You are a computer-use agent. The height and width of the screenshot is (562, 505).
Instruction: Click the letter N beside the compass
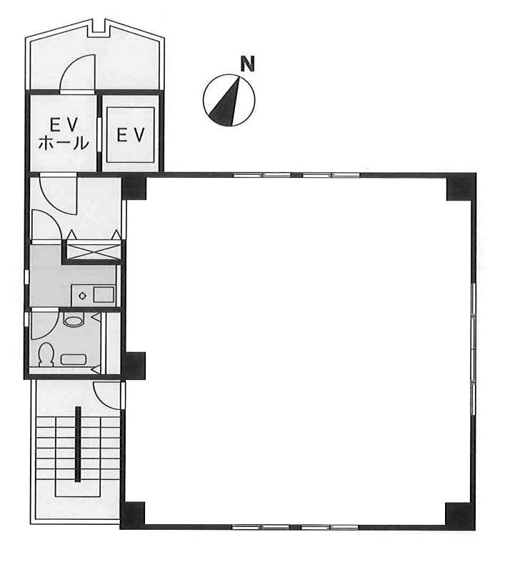pyautogui.click(x=247, y=64)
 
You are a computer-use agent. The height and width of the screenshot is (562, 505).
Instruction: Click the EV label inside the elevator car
pyautogui.click(x=131, y=135)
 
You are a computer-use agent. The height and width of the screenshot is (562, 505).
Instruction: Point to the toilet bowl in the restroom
pyautogui.click(x=46, y=354)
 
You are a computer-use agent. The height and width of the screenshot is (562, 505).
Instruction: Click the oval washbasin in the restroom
pyautogui.click(x=73, y=319)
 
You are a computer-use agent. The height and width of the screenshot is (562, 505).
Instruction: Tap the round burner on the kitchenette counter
pyautogui.click(x=83, y=296)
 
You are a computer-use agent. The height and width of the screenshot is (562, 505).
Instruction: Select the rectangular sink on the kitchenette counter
pyautogui.click(x=104, y=294)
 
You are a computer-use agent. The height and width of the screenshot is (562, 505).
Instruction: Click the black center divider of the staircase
pyautogui.click(x=78, y=444)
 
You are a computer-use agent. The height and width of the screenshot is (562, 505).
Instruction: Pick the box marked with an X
pyautogui.click(x=94, y=250)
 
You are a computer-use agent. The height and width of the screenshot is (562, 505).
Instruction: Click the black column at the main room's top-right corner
pyautogui.click(x=461, y=187)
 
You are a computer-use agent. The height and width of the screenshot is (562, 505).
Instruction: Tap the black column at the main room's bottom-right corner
pyautogui.click(x=461, y=516)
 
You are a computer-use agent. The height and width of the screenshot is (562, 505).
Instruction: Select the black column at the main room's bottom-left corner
pyautogui.click(x=132, y=515)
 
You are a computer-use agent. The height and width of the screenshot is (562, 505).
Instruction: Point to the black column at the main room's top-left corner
pyautogui.click(x=134, y=186)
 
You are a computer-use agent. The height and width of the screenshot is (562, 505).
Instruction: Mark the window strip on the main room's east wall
pyautogui.click(x=474, y=349)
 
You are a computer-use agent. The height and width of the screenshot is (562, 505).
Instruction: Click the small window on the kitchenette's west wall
pyautogui.click(x=26, y=277)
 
